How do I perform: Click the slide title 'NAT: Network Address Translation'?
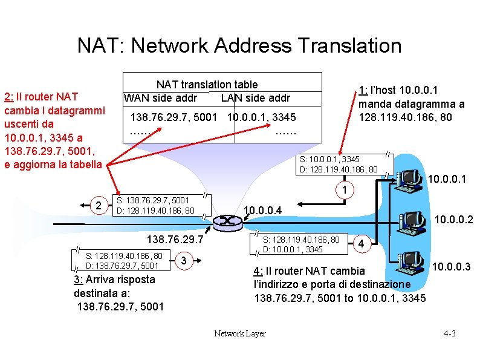[x=239, y=45]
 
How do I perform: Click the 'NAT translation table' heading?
[x=207, y=85]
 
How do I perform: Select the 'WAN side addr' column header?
[x=160, y=98]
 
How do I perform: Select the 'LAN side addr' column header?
[x=256, y=98]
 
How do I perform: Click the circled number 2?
[x=98, y=206]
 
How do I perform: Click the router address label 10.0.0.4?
[x=262, y=211]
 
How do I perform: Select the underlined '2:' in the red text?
[x=9, y=99]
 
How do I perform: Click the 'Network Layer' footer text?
[x=240, y=333]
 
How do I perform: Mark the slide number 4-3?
[x=450, y=333]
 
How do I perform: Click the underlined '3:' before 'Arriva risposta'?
[x=79, y=280]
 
